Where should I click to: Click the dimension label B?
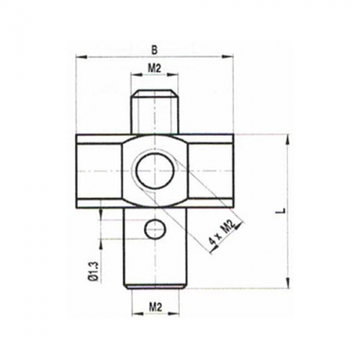pos(154,50)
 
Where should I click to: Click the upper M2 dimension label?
pos(154,68)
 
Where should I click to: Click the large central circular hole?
pos(155,171)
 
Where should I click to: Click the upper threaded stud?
pos(155,112)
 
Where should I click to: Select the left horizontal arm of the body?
pos(99,171)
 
